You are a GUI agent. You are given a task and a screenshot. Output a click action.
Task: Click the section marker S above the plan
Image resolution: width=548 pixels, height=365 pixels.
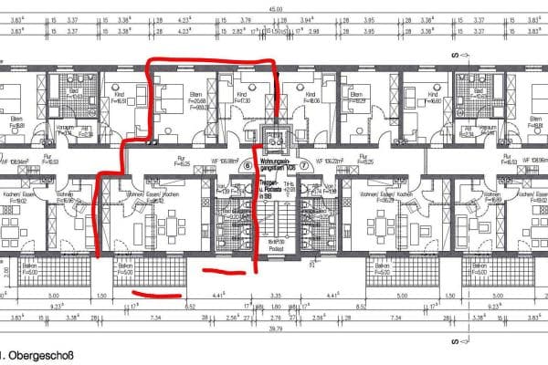[x=453, y=57]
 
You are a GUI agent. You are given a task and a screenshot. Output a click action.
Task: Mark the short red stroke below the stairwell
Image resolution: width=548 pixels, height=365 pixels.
[x=222, y=271]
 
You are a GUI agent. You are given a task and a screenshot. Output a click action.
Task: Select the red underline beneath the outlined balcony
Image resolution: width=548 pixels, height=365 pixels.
[x=157, y=294]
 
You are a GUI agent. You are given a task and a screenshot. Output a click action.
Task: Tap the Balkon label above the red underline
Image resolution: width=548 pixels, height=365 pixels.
[x=125, y=270]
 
